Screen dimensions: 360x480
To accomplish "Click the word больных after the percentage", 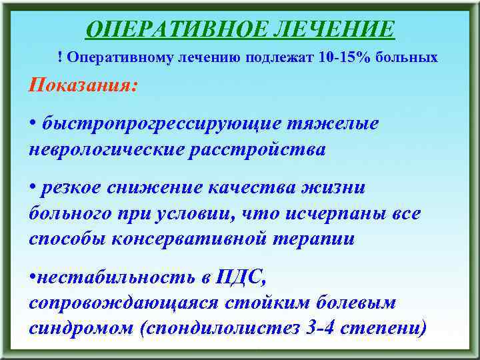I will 409,58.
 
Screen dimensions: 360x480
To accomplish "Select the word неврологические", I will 107,149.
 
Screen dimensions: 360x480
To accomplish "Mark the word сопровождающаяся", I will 126,303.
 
